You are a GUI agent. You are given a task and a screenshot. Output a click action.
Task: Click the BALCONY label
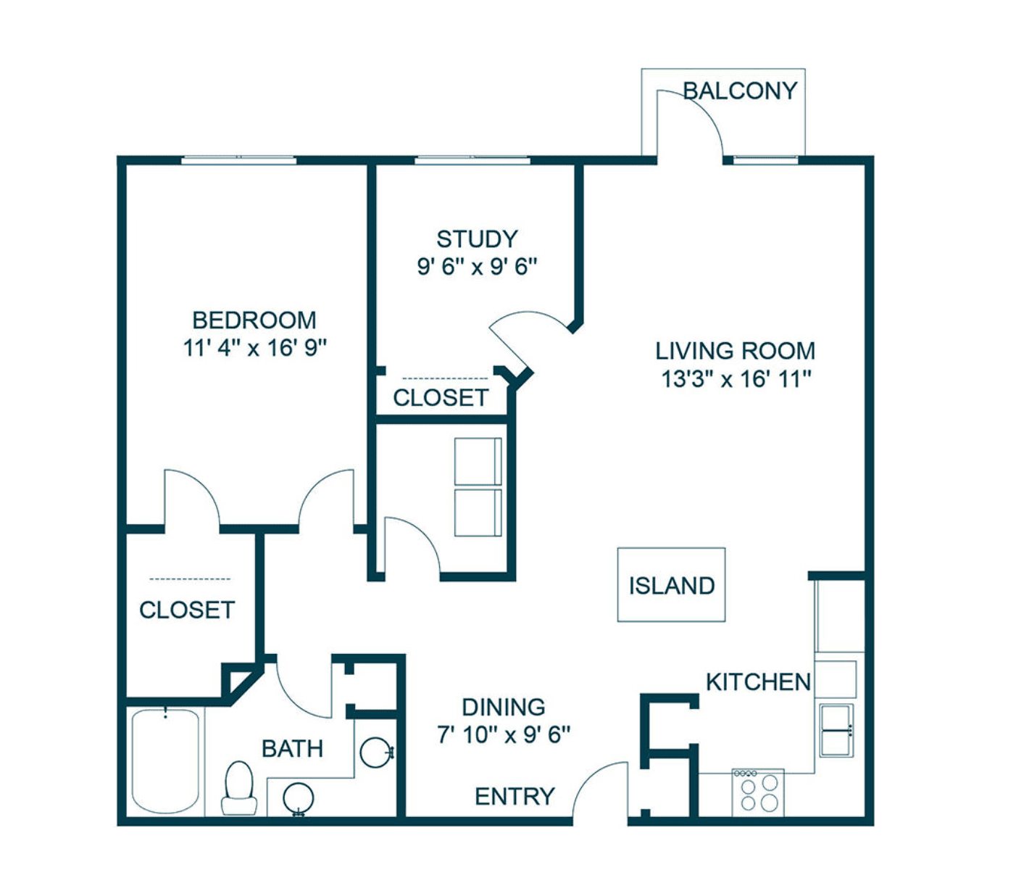740,91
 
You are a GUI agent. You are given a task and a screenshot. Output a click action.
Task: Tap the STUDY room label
478,239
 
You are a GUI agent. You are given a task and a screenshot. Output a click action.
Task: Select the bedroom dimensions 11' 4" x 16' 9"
255,348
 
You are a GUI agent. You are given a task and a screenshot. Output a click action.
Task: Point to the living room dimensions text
736,379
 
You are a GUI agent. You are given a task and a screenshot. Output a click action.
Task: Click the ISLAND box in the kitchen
671,584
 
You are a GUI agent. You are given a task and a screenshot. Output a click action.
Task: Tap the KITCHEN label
758,682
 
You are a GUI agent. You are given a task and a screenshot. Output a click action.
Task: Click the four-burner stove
758,793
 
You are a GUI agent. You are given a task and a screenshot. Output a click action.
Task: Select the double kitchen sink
836,730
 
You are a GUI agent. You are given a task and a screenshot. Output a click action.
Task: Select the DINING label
504,707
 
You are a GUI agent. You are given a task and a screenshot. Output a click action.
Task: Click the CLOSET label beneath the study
441,397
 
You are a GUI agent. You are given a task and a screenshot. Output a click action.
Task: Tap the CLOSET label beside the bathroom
187,610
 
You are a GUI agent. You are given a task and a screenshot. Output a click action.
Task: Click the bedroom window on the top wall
239,160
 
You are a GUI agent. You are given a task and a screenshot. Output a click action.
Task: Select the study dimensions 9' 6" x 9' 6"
478,267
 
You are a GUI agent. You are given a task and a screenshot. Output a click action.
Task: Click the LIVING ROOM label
736,351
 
